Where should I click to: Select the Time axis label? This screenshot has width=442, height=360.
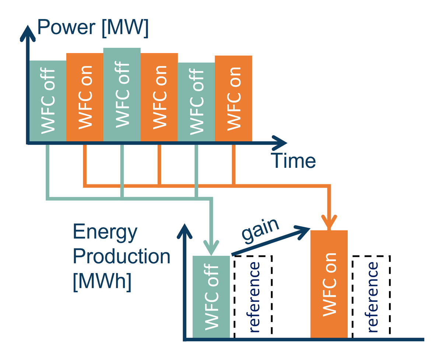293,160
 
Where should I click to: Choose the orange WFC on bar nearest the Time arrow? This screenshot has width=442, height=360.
233,98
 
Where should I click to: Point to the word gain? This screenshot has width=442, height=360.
260,229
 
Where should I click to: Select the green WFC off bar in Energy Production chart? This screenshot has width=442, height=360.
211,296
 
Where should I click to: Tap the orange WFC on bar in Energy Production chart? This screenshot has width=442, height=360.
329,283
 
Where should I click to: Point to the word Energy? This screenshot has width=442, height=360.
105,232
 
